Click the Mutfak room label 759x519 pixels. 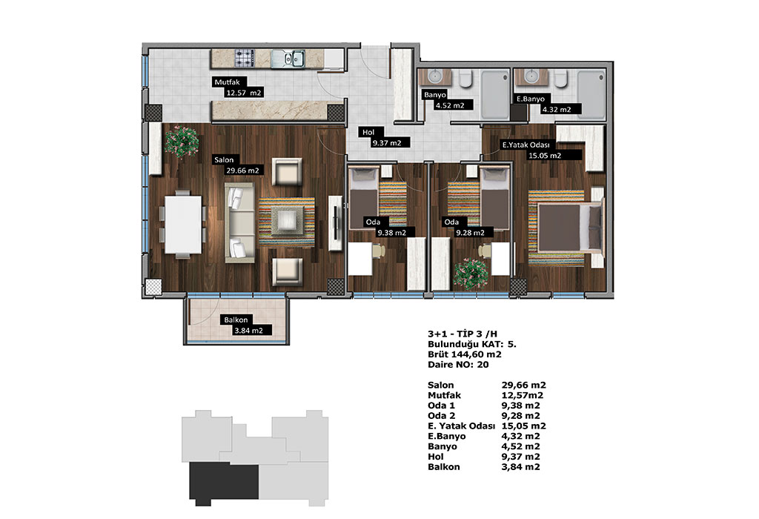click(x=239, y=87)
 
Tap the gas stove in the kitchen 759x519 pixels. click(x=245, y=58)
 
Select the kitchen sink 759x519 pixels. click(x=288, y=59)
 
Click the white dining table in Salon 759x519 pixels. click(x=183, y=224)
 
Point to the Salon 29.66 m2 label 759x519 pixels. click(x=239, y=165)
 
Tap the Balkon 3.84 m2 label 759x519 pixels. click(x=247, y=325)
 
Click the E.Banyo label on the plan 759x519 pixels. click(x=531, y=99)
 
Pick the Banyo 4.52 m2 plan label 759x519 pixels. click(x=447, y=100)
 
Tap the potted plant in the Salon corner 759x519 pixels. click(x=182, y=142)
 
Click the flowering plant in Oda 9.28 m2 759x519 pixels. click(x=471, y=275)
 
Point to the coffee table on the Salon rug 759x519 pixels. click(x=288, y=220)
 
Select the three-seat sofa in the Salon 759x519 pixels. click(x=239, y=222)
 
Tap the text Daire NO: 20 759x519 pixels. click(x=458, y=365)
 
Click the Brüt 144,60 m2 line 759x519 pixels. click(x=465, y=354)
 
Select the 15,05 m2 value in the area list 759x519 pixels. click(x=524, y=426)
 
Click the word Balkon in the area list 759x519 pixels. click(x=444, y=466)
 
